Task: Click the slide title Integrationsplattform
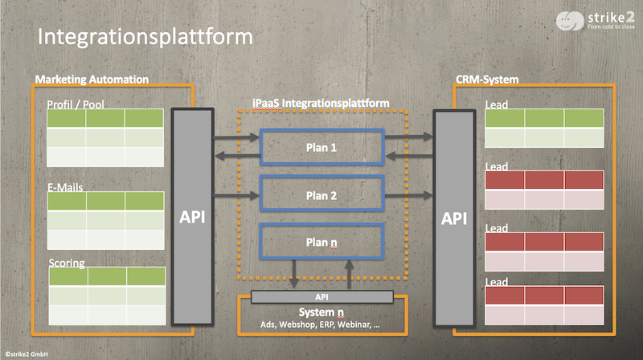click(x=145, y=37)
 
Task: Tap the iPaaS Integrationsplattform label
click(x=321, y=103)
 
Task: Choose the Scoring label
click(x=67, y=263)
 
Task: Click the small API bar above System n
click(x=321, y=297)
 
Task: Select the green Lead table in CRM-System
click(x=544, y=127)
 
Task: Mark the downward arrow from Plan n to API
click(x=296, y=273)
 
